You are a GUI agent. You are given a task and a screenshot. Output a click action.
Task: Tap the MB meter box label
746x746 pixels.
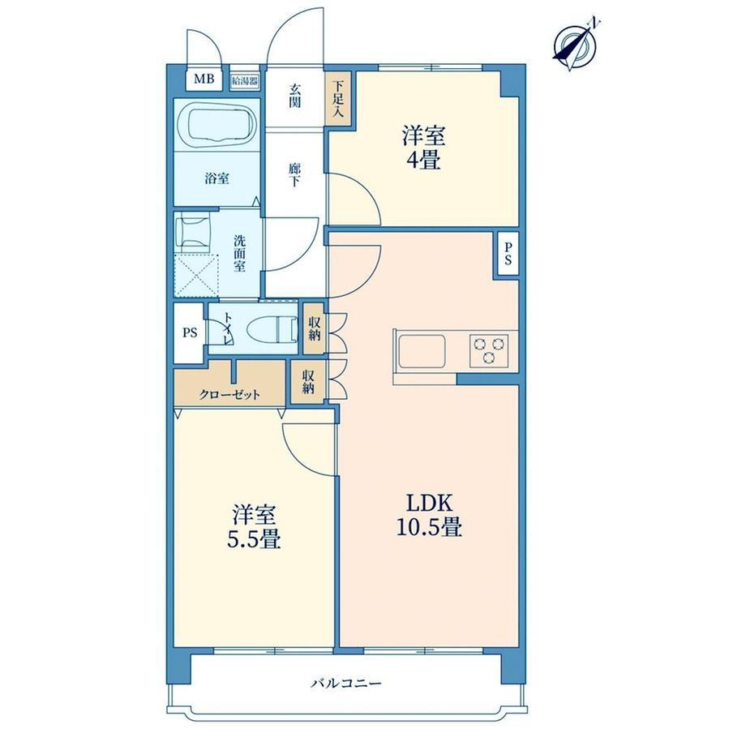[x=204, y=79]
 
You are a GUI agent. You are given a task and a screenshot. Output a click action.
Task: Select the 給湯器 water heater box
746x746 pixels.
[x=245, y=80]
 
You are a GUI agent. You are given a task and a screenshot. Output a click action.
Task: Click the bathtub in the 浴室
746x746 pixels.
[x=217, y=125]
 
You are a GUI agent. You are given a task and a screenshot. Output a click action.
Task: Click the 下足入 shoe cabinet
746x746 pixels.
[x=338, y=99]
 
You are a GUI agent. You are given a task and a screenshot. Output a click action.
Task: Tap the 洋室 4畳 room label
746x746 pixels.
[x=423, y=147]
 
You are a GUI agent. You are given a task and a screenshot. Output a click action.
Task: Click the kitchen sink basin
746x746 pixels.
[x=422, y=351]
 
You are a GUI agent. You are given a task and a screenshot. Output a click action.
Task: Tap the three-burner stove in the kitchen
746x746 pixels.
[x=489, y=350]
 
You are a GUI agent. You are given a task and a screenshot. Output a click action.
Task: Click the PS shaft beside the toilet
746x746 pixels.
[x=190, y=332]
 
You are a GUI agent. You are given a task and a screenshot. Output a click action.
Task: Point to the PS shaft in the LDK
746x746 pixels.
[x=508, y=254]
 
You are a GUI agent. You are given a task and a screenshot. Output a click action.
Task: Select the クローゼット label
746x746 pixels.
[x=229, y=394]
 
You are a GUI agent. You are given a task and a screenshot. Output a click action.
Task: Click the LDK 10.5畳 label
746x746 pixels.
[x=429, y=515]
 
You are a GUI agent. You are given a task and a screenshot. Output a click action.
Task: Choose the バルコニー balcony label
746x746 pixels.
[x=346, y=684]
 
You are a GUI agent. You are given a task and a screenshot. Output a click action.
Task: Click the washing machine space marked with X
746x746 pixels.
[x=196, y=277]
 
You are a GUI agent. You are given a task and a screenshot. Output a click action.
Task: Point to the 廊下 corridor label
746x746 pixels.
[x=295, y=175]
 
